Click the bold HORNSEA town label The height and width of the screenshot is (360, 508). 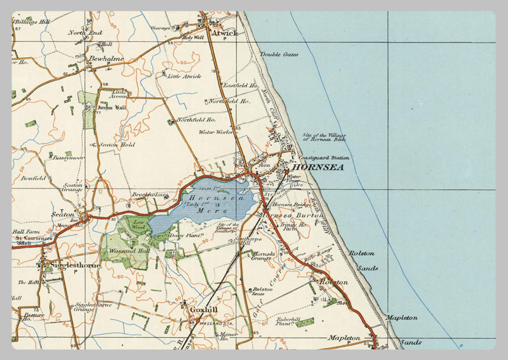[x=317, y=168]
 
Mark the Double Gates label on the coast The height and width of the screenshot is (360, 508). [x=279, y=55]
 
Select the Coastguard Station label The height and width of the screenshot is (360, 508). [x=323, y=157]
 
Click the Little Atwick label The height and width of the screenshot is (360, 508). [x=184, y=76]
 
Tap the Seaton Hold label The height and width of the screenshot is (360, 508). [x=117, y=144]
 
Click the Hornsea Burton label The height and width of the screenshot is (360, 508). [x=293, y=216]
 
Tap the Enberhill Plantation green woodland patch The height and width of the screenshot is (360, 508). [x=304, y=323]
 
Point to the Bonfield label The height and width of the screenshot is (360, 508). [x=32, y=178]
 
